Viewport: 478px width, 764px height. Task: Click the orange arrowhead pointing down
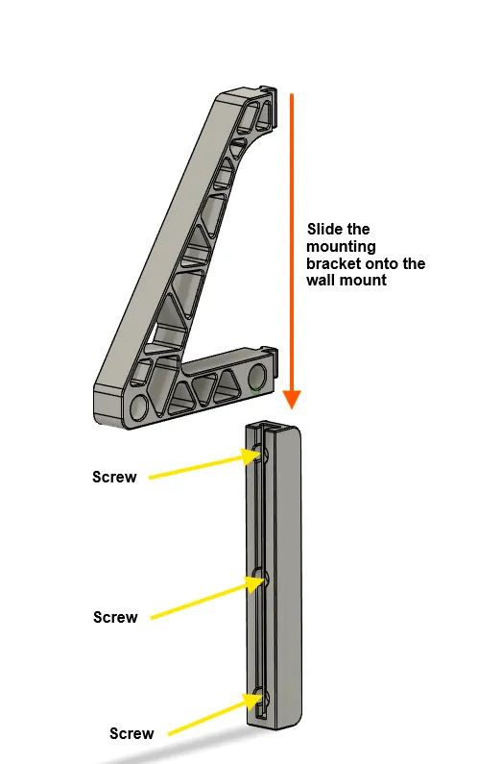coord(292,399)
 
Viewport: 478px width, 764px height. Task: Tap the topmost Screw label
coord(114,477)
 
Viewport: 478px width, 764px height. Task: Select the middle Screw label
coord(115,617)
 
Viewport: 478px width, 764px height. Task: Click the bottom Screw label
coord(131,733)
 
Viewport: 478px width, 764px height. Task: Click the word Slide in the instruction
coord(324,229)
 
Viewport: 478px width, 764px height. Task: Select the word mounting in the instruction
coord(341,247)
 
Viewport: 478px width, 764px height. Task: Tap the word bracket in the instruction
coord(334,263)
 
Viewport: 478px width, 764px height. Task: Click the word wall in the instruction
coord(320,281)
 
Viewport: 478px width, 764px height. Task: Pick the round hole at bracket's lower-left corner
coord(139,407)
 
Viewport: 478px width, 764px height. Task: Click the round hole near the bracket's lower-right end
coord(257,378)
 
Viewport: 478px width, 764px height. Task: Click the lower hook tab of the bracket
coord(269,352)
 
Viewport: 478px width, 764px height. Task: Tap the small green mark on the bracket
coord(255,389)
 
